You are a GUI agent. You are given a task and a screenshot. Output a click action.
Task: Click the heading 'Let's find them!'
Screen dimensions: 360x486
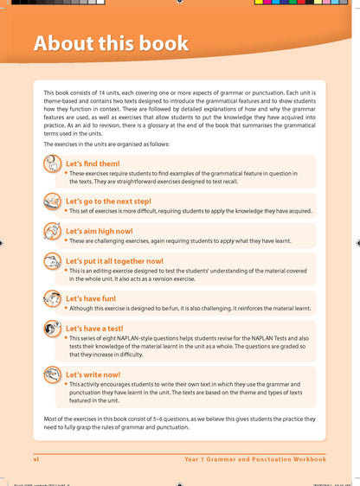93,163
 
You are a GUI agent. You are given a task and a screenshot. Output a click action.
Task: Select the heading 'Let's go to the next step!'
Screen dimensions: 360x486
108,201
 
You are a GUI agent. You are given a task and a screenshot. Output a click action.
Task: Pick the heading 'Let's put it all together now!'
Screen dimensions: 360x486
114,260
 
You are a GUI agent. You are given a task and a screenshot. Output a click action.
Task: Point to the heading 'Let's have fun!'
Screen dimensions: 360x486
91,298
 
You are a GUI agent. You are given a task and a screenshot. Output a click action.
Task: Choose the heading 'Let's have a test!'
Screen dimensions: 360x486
95,329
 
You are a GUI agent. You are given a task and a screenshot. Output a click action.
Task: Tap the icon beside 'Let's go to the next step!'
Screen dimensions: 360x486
51,202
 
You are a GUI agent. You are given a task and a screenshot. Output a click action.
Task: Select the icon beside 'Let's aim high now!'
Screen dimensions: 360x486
51,232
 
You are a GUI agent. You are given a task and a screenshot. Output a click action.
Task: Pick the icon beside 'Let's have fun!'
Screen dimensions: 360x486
51,300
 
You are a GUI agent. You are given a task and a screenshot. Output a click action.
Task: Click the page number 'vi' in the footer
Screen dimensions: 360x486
36,458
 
